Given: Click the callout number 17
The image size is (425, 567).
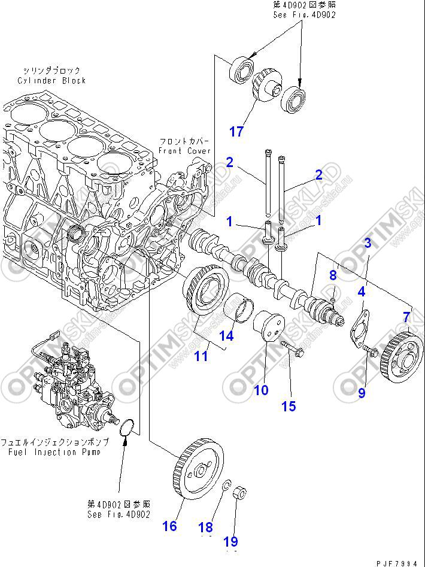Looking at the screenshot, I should click(x=237, y=131).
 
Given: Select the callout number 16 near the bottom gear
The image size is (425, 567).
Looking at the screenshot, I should click(x=170, y=526).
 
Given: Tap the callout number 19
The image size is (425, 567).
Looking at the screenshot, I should click(x=230, y=542).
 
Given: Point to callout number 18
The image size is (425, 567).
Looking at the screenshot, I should click(x=205, y=527).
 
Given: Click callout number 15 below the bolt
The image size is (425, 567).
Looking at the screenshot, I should click(x=289, y=406).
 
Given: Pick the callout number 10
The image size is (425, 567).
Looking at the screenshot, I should click(x=261, y=390).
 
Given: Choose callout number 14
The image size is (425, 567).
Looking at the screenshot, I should click(x=226, y=335).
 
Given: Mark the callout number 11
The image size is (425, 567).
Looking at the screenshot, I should click(x=201, y=356).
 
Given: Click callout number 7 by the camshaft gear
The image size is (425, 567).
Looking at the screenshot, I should click(x=406, y=316).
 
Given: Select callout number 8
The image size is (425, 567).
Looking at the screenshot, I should click(x=333, y=275).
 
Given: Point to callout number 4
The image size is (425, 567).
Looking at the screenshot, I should click(x=362, y=292).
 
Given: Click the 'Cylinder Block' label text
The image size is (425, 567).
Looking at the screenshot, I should click(x=51, y=80).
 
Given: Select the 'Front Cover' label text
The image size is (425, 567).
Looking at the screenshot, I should click(x=185, y=151).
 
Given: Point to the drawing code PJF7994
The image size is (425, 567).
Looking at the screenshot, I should click(x=397, y=562).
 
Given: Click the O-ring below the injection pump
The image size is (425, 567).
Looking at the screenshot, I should click(x=127, y=430).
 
